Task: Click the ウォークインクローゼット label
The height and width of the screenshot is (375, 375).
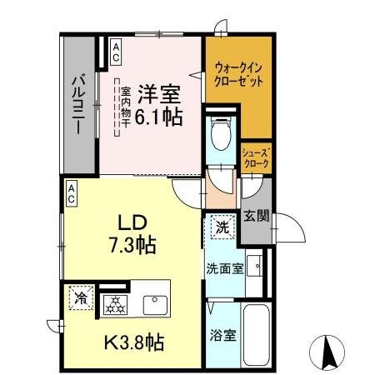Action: coord(239,76)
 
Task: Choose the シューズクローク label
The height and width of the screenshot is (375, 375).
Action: coord(256,158)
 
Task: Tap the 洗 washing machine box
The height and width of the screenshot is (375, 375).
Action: coord(222,225)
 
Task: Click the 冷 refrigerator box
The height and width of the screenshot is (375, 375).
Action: coord(81,297)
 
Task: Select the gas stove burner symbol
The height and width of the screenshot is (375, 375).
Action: coord(114,304)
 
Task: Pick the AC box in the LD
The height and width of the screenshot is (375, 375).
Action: coord(72,194)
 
